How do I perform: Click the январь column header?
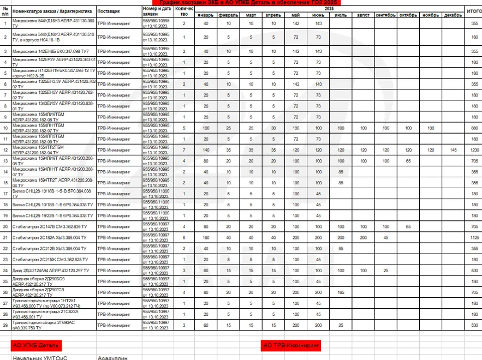[206, 15]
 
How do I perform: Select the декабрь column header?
[453, 15]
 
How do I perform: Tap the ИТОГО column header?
[474, 11]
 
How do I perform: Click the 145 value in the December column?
[453, 150]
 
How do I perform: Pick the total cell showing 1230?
[474, 150]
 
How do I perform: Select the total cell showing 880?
[474, 128]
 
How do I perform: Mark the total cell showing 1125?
[474, 237]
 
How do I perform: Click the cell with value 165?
[341, 292]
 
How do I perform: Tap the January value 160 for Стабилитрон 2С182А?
[206, 237]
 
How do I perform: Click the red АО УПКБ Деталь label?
[36, 345]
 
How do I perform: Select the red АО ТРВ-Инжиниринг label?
[291, 345]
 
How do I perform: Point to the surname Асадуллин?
[112, 358]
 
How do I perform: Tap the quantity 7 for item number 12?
[184, 150]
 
